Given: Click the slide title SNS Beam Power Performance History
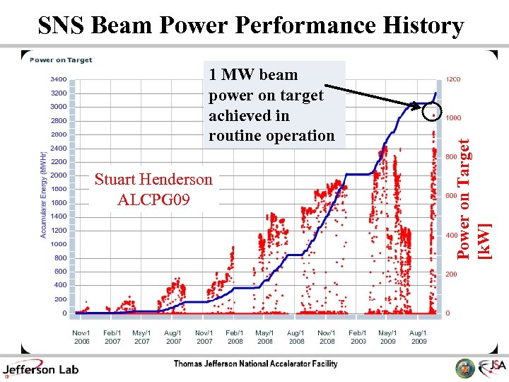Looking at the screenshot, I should pyautogui.click(x=251, y=25).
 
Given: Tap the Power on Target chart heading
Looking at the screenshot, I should pyautogui.click(x=61, y=60).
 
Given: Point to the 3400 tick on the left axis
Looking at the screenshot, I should pyautogui.click(x=59, y=79).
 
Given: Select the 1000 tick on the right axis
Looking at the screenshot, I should pyautogui.click(x=453, y=118).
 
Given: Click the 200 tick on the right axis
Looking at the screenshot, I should pyautogui.click(x=451, y=274).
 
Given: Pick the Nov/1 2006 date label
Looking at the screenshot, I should pyautogui.click(x=81, y=337).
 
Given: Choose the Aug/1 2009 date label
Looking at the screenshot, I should pyautogui.click(x=418, y=337).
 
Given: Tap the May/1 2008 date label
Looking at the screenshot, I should pyautogui.click(x=265, y=337).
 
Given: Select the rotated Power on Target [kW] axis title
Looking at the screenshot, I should pyautogui.click(x=473, y=198).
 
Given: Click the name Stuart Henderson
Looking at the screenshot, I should pyautogui.click(x=153, y=179).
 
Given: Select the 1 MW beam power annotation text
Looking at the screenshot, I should pyautogui.click(x=271, y=105).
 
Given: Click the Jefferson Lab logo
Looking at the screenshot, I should pyautogui.click(x=40, y=368).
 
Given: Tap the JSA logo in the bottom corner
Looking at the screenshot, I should pyautogui.click(x=491, y=366).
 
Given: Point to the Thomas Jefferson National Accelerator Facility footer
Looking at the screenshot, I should pyautogui.click(x=256, y=364).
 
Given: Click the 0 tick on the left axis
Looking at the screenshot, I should pyautogui.click(x=64, y=313).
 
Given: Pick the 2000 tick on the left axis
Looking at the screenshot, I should pyautogui.click(x=59, y=175).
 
